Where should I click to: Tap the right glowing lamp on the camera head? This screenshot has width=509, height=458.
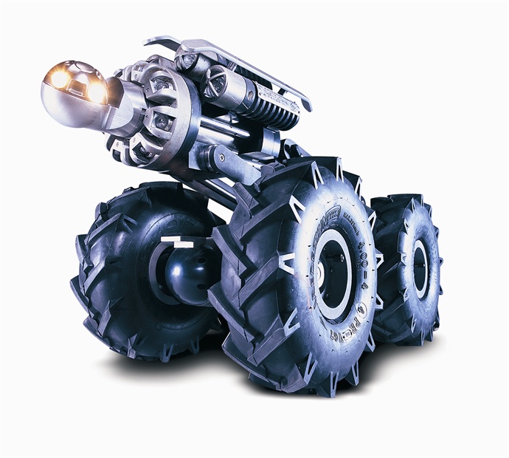click(96, 92)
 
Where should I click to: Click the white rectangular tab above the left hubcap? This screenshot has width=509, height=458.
click(177, 242)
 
